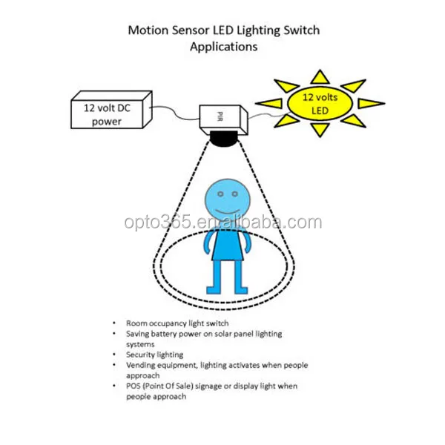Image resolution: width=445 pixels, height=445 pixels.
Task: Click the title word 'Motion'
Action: click(x=146, y=31)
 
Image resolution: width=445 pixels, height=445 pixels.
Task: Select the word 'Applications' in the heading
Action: click(x=223, y=46)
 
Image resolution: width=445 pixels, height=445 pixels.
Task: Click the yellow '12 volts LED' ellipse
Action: click(x=320, y=105)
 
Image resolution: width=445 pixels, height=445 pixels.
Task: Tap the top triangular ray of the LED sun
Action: click(x=320, y=76)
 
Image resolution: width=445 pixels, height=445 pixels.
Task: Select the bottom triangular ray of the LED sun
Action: click(x=320, y=131)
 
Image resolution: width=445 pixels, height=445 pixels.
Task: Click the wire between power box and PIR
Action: click(x=175, y=111)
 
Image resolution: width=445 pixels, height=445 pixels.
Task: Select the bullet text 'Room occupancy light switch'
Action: click(x=177, y=323)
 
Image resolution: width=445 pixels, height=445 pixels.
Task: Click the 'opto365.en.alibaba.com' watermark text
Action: click(x=222, y=222)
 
